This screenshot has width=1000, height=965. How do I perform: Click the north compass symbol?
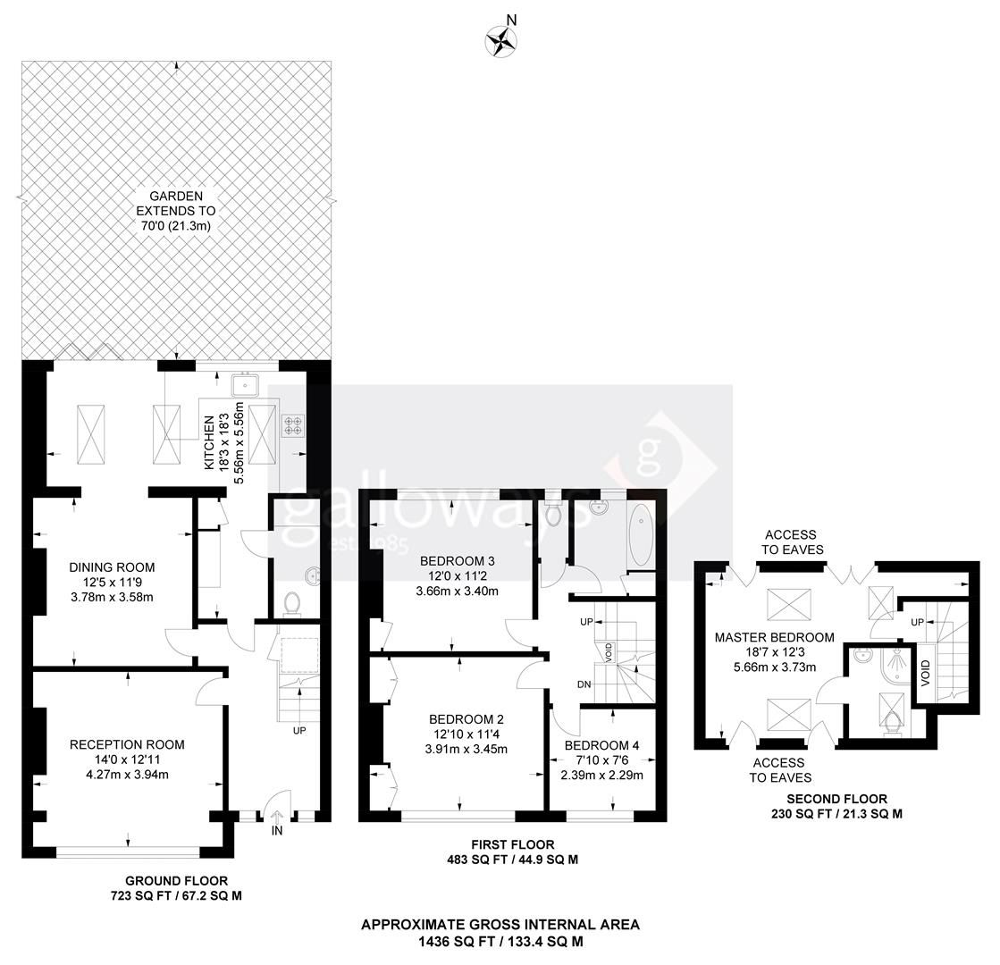click(x=501, y=40)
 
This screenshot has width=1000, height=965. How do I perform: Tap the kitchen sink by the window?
click(x=245, y=385)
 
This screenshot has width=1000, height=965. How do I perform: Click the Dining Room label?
click(x=112, y=566)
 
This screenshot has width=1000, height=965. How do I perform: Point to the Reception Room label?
click(x=127, y=743)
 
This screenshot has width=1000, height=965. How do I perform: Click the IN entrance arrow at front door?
click(x=276, y=818)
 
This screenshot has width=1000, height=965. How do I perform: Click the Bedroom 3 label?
click(x=458, y=560)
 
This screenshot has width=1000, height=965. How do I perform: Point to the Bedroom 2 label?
click(x=466, y=718)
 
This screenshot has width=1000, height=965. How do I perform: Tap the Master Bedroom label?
click(x=775, y=637)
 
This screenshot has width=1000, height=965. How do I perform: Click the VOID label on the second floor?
click(x=925, y=671)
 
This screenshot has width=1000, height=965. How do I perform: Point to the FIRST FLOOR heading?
click(x=513, y=844)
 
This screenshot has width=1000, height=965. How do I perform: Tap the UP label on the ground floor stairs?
click(x=299, y=730)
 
